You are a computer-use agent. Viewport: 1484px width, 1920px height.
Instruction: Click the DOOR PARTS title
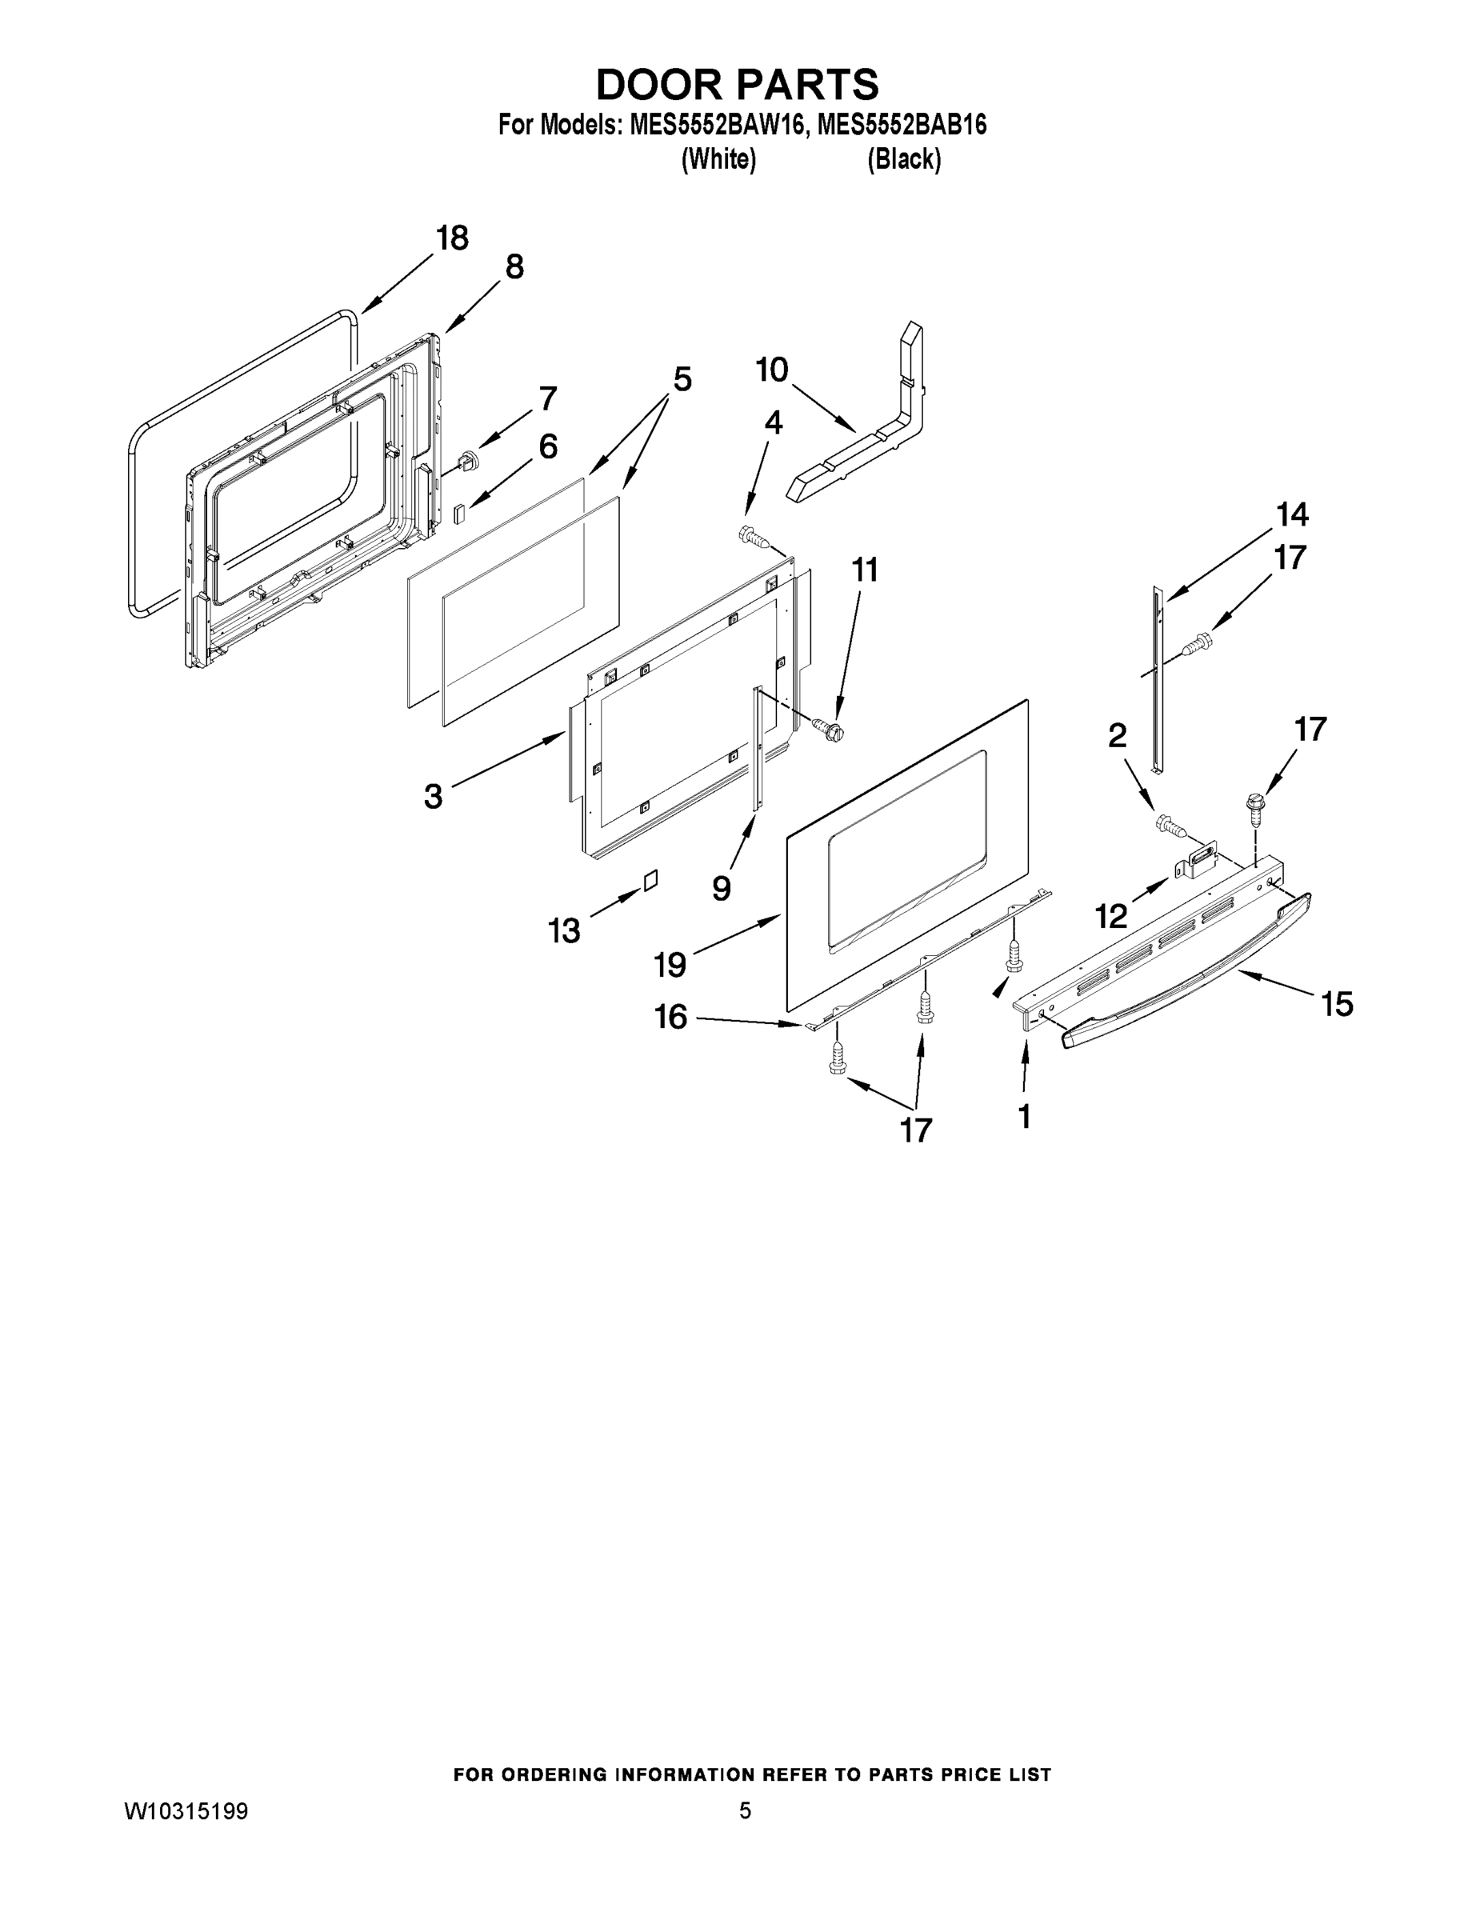(x=737, y=84)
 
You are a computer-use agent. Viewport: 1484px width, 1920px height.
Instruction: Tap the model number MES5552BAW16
(x=716, y=125)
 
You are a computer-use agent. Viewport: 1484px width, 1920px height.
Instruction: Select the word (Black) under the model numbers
(x=904, y=159)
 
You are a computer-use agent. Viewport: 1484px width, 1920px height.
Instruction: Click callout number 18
(x=453, y=238)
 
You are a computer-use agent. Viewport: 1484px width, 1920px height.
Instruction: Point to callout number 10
(x=772, y=370)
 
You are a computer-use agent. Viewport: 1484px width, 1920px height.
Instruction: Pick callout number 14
(x=1292, y=514)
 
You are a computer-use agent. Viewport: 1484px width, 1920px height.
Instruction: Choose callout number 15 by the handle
(x=1337, y=1004)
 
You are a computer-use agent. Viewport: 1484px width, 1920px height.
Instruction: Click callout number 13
(x=565, y=930)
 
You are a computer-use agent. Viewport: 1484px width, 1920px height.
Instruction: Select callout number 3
(x=434, y=797)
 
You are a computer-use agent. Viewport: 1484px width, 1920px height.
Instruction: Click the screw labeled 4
(x=753, y=535)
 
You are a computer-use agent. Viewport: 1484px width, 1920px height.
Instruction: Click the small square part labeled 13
(x=650, y=880)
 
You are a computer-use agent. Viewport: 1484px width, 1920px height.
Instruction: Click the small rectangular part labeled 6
(x=459, y=513)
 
